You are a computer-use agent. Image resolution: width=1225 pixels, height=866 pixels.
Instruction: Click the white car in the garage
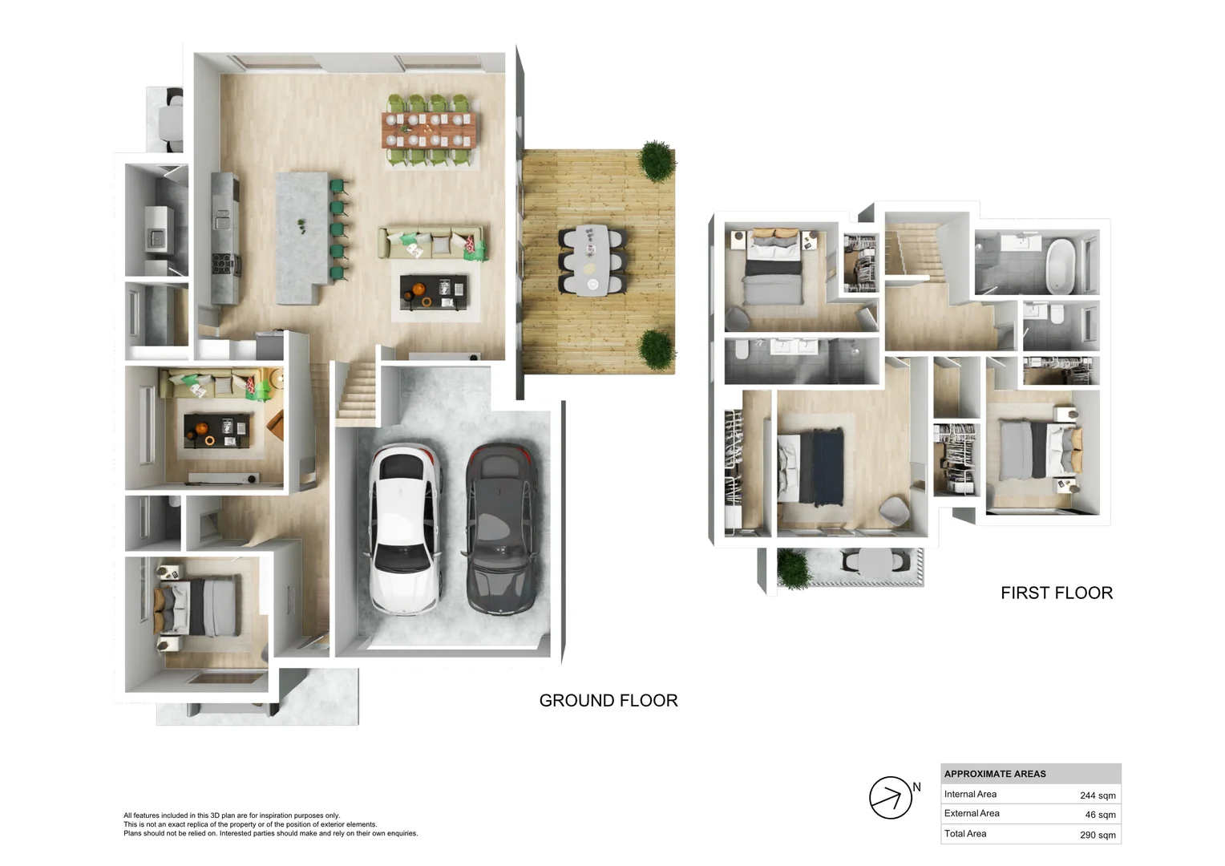405,529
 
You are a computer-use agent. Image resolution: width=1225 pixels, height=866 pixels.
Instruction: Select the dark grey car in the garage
502,529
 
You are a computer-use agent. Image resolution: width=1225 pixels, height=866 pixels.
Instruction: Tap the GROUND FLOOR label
608,701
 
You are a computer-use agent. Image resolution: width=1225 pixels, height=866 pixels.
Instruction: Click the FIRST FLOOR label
1056,593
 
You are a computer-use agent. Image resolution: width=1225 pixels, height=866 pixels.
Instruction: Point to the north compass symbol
891,797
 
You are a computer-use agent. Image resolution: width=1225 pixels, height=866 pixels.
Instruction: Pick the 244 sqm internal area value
1097,795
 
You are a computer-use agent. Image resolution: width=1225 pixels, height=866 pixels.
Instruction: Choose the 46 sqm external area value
1099,815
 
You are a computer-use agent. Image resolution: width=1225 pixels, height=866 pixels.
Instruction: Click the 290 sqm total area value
1097,835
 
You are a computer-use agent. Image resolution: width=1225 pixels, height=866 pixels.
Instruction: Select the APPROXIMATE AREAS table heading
994,774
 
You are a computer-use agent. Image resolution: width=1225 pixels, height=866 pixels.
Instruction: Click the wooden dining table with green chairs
429,130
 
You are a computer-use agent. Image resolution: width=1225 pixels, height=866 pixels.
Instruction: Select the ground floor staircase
356,391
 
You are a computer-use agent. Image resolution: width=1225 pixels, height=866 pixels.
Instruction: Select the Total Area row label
965,834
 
